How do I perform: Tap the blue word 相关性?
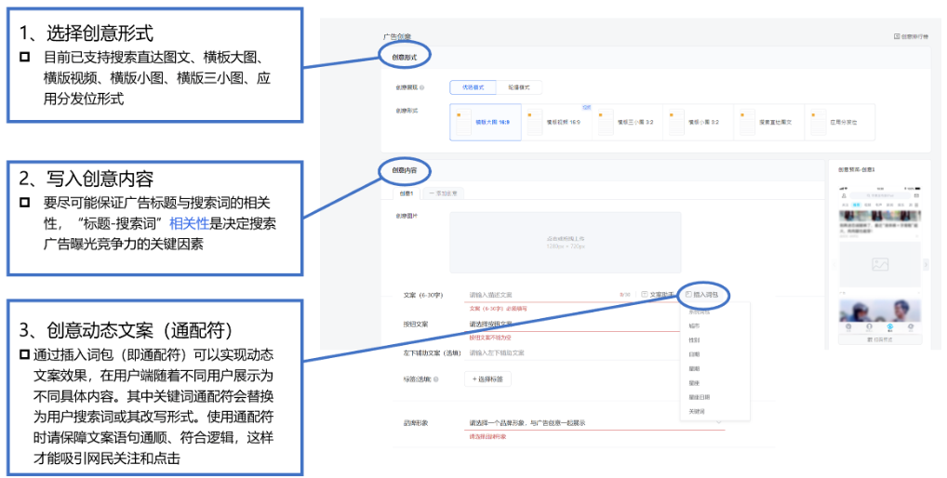190,223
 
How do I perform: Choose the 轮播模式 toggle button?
518,87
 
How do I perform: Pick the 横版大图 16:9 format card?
485,122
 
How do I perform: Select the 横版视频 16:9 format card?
555,122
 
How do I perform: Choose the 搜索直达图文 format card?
767,122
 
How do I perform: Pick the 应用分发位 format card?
838,122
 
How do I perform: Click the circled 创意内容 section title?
405,171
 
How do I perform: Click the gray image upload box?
566,242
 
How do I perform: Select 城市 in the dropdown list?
694,325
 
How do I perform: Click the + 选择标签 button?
487,378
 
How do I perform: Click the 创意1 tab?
407,193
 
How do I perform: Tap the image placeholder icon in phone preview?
879,264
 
